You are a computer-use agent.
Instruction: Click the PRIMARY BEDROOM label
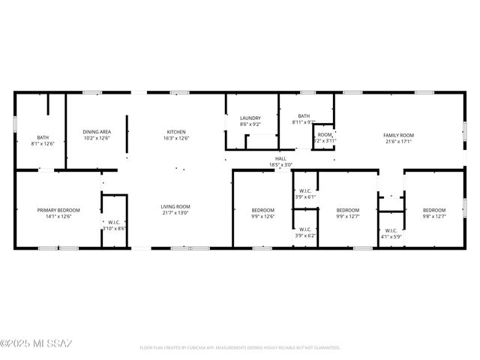(58, 210)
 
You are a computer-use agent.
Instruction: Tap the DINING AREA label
(97, 132)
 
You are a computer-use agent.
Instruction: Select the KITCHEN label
(176, 132)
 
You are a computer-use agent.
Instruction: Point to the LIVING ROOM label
(175, 207)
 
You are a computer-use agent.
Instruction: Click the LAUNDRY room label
(250, 118)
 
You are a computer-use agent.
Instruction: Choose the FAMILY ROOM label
(399, 135)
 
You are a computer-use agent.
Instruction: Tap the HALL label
(280, 159)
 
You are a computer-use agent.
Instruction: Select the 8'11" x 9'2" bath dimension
(304, 122)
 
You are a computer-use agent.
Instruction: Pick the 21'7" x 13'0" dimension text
(175, 214)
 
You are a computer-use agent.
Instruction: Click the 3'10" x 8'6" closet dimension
(114, 229)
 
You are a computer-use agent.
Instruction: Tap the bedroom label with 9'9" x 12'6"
(262, 210)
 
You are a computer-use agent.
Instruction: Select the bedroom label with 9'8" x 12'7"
(433, 210)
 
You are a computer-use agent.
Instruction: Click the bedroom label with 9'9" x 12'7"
(348, 210)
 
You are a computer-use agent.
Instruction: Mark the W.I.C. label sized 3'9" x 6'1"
(305, 190)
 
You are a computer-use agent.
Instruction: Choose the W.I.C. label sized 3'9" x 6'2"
(305, 229)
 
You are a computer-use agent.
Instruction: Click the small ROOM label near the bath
(324, 135)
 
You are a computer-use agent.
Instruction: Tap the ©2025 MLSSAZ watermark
(36, 344)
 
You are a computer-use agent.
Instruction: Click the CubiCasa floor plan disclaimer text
(240, 348)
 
